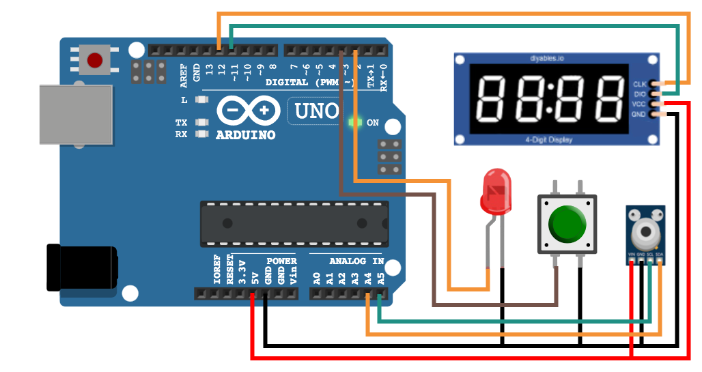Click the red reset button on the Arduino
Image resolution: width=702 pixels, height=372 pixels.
coord(94,61)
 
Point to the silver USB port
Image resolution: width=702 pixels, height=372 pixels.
coord(75,114)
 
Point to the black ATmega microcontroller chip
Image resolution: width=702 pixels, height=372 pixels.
coord(294,223)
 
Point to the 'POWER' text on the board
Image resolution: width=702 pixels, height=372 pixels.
coord(281,261)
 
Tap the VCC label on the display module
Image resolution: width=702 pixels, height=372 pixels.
coord(640,104)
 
